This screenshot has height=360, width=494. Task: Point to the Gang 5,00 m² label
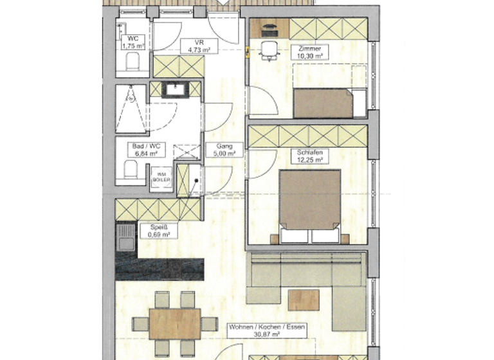(224, 150)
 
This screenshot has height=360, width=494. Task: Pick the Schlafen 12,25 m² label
(309, 156)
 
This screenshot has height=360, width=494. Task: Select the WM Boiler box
(161, 177)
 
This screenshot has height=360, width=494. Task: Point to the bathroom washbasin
(174, 89)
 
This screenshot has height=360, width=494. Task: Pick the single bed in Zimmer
(328, 103)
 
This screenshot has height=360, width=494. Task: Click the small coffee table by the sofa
(303, 300)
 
